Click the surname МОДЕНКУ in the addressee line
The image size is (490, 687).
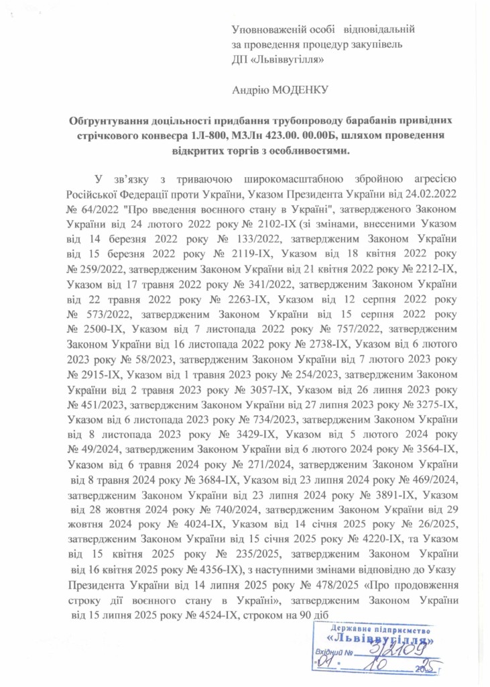point(302,88)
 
